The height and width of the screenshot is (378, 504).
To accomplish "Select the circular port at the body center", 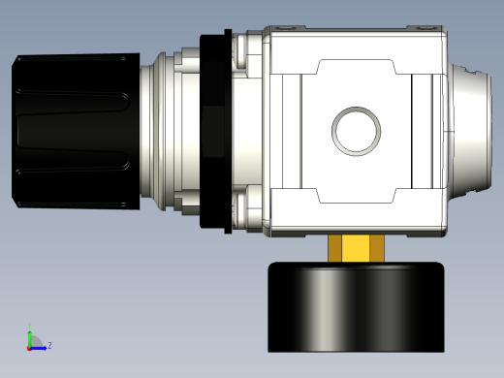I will coord(357,130).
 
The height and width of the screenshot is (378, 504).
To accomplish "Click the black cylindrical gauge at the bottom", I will coord(356,308).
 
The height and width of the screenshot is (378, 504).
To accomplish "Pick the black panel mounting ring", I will coord(214,131).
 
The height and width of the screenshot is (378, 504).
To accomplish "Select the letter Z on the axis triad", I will coord(49,345).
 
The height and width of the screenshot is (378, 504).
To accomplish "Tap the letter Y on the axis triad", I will coord(30,325).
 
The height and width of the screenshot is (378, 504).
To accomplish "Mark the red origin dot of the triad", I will coord(29,346).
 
